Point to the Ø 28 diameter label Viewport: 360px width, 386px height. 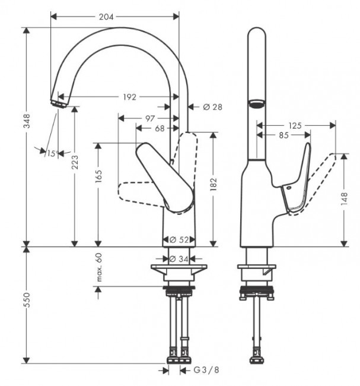(x=212, y=107)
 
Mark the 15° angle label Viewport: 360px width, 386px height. (x=52, y=154)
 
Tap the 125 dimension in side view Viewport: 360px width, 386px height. (x=295, y=125)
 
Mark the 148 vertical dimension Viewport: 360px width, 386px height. (x=343, y=200)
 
